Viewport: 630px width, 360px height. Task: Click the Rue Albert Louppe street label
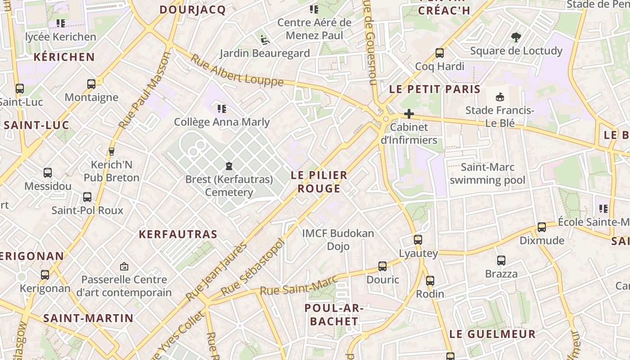(x=237, y=71)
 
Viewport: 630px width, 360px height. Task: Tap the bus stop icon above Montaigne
(x=91, y=84)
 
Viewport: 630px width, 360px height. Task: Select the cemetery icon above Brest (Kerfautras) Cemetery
(x=229, y=166)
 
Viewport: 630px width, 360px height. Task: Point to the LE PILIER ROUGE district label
(x=319, y=182)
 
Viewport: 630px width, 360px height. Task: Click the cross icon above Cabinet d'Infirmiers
(x=409, y=114)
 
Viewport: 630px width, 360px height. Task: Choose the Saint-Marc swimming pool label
(x=487, y=174)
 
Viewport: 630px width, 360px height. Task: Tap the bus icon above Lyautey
(x=418, y=240)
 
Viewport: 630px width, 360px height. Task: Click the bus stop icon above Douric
(x=382, y=266)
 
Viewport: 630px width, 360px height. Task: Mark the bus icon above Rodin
(x=430, y=281)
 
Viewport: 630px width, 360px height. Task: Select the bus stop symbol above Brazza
(x=501, y=261)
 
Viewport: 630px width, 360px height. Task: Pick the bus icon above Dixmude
(x=542, y=227)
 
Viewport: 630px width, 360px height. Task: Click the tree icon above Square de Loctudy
(x=516, y=37)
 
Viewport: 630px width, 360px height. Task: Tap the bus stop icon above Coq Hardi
(x=440, y=53)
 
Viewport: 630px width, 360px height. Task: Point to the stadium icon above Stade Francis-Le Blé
(x=499, y=97)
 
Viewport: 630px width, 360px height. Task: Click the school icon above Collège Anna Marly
(x=221, y=108)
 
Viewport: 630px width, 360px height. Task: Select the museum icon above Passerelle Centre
(x=124, y=266)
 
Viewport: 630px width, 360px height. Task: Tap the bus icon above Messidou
(x=48, y=173)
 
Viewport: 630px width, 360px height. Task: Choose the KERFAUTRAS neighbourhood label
(x=178, y=234)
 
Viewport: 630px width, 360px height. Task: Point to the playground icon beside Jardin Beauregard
(x=265, y=40)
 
